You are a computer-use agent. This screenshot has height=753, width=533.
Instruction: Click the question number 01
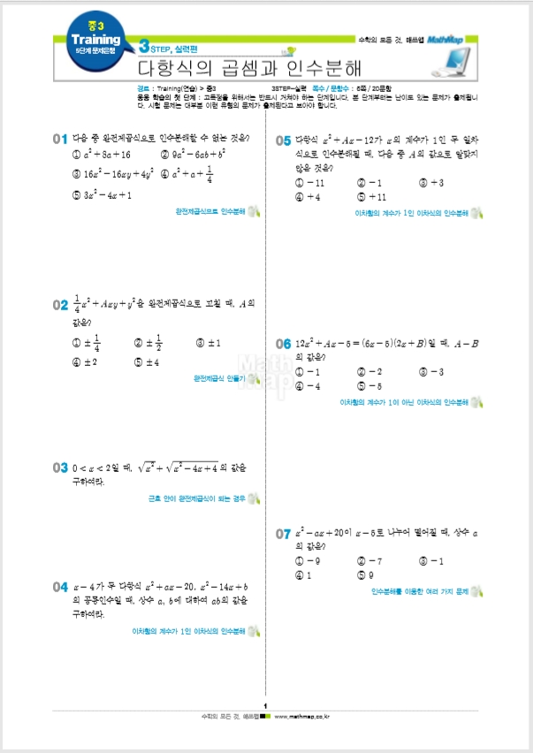tap(60, 139)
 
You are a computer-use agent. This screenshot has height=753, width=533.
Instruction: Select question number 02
tap(60, 305)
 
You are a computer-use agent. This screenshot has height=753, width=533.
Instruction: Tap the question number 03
tap(60, 468)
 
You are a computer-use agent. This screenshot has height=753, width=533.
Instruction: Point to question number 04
tap(60, 587)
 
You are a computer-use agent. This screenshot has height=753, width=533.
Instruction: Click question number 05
tap(283, 140)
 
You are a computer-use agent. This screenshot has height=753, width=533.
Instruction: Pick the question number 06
tap(283, 343)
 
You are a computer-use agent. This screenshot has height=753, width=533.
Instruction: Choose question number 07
tap(283, 534)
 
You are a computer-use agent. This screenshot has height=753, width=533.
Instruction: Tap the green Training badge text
tap(95, 40)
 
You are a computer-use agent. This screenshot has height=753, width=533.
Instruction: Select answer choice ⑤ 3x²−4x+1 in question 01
tap(102, 195)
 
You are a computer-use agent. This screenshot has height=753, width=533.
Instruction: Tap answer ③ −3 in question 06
tap(430, 372)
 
